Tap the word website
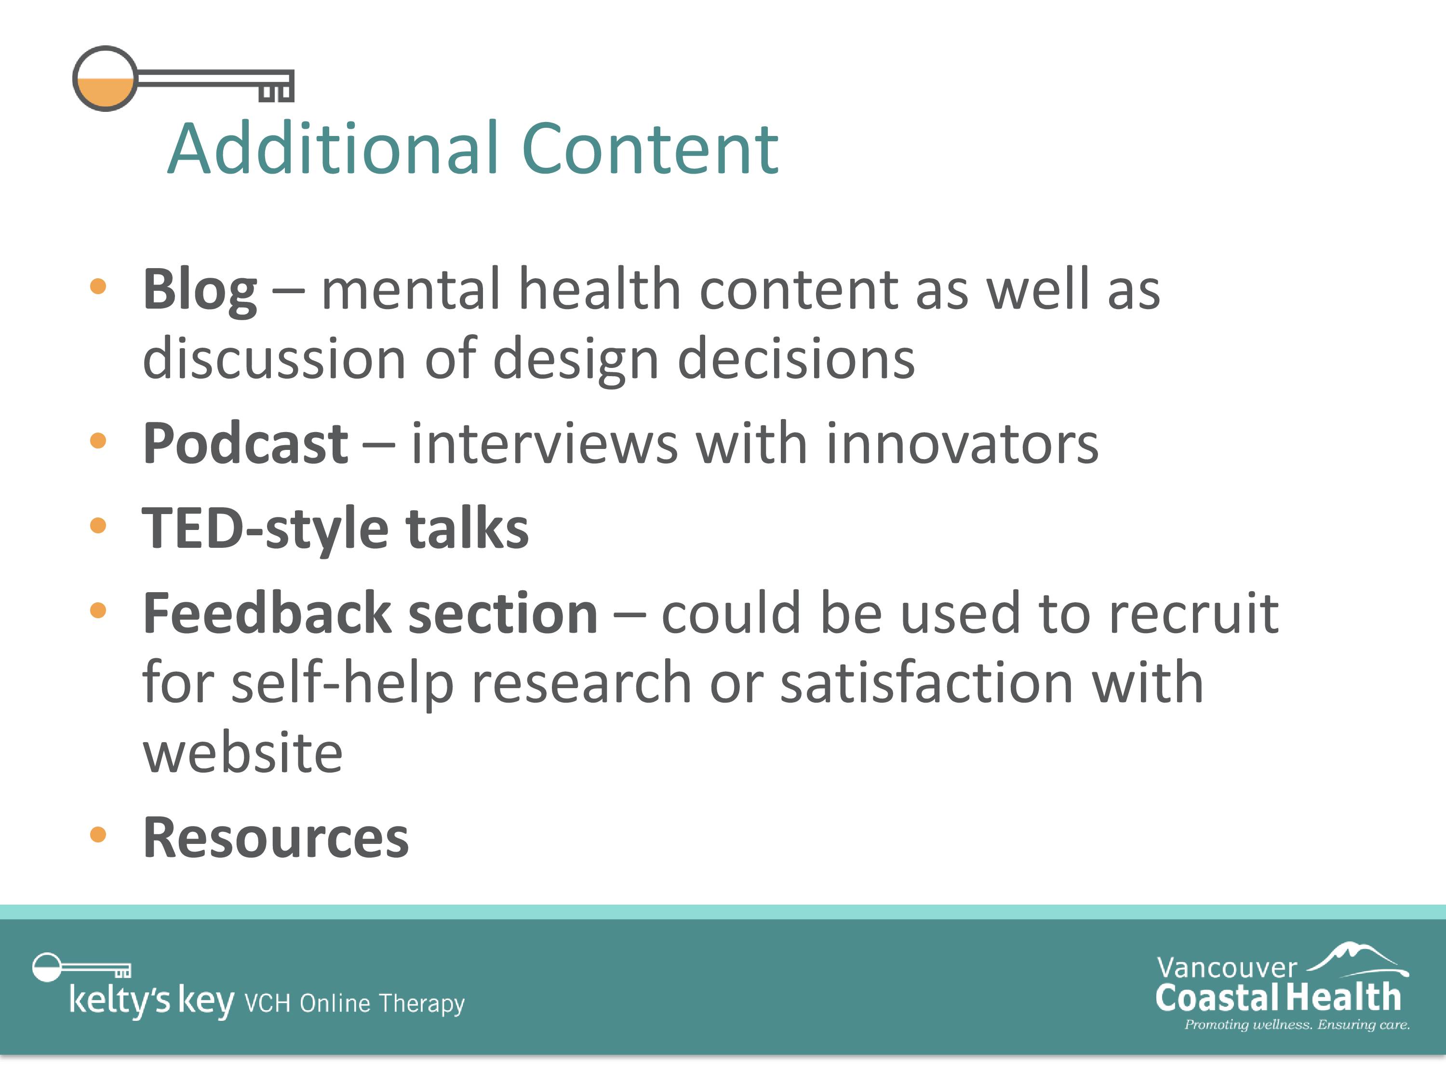[242, 753]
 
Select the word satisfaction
[927, 683]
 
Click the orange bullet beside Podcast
[98, 440]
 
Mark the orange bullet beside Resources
[98, 835]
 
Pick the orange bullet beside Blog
[98, 286]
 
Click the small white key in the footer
[81, 967]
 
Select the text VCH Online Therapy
[354, 1003]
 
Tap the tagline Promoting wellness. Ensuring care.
[1297, 1024]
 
